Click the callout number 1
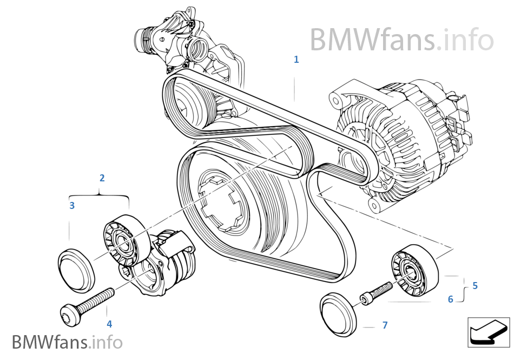click(x=296, y=60)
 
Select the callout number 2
click(x=102, y=178)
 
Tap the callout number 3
click(x=71, y=205)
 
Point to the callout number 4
click(x=109, y=324)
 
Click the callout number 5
click(x=475, y=285)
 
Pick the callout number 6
click(x=450, y=299)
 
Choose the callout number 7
click(x=385, y=325)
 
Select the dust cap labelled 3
click(x=76, y=269)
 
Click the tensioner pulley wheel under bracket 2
click(x=123, y=241)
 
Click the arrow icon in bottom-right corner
click(x=487, y=331)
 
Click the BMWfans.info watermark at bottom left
click(x=67, y=342)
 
